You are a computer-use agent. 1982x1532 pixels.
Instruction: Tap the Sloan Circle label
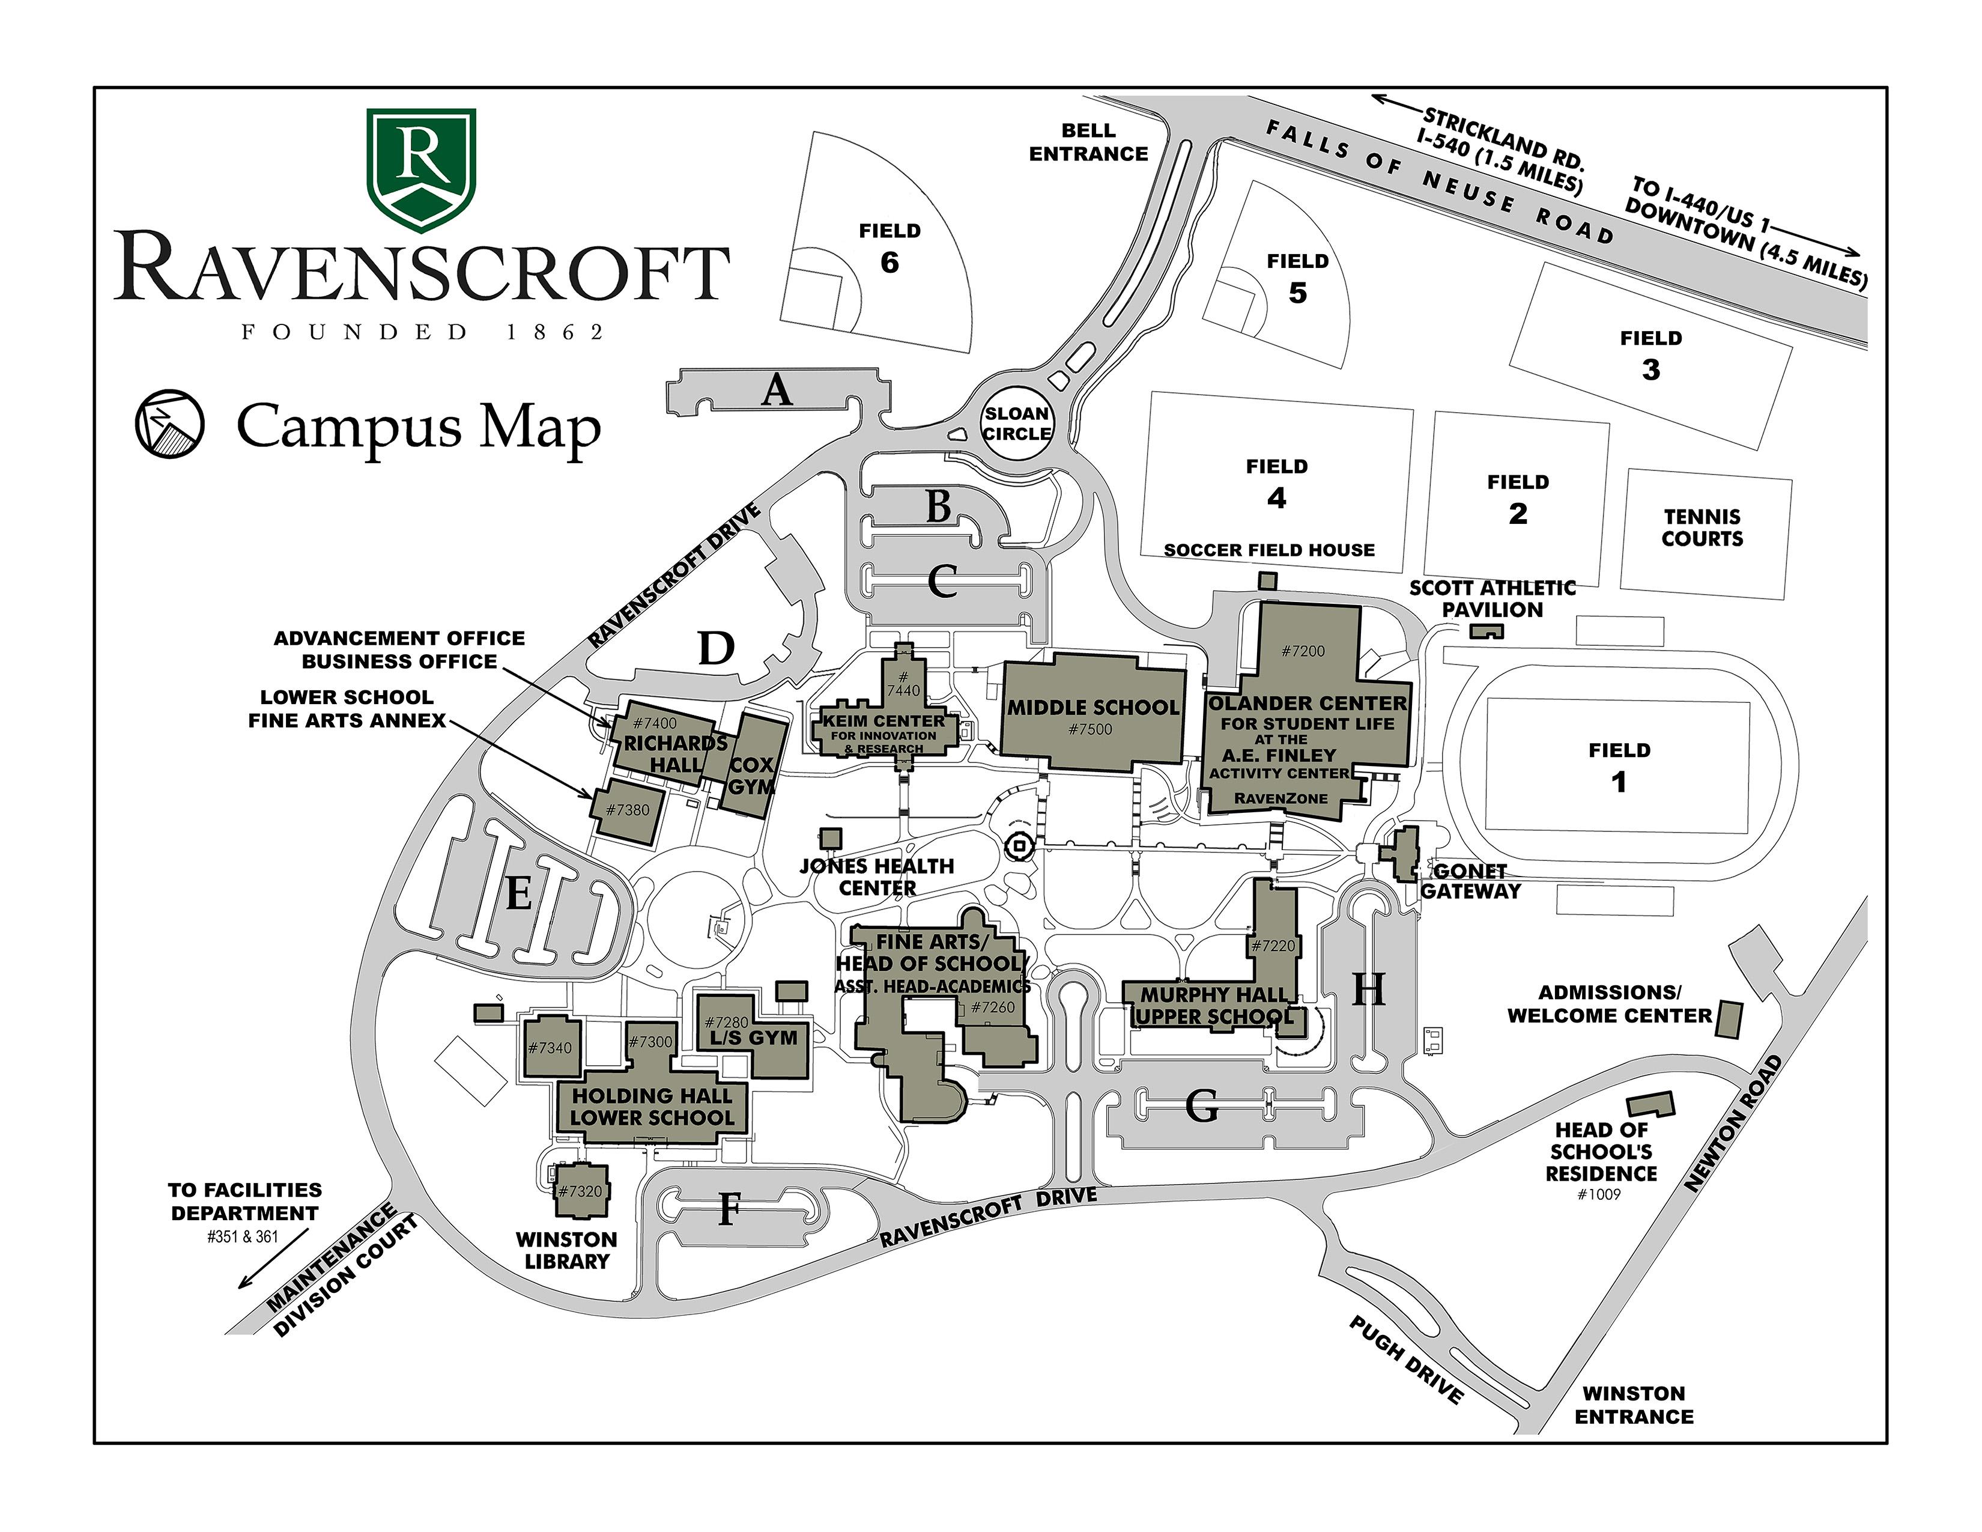tap(1016, 424)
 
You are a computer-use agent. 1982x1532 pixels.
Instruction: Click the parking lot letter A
tap(777, 391)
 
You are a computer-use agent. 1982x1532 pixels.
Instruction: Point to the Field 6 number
tap(889, 263)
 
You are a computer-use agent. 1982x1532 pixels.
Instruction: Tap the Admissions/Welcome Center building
tap(1730, 1019)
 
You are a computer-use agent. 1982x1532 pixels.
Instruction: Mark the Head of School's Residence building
tap(1650, 1104)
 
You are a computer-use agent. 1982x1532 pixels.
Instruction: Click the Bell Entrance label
tap(1088, 142)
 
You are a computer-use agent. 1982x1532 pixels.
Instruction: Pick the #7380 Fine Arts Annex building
tap(628, 810)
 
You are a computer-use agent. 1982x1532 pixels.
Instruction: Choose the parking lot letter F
tap(729, 1209)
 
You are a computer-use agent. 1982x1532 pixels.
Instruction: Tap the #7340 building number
tap(551, 1047)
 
